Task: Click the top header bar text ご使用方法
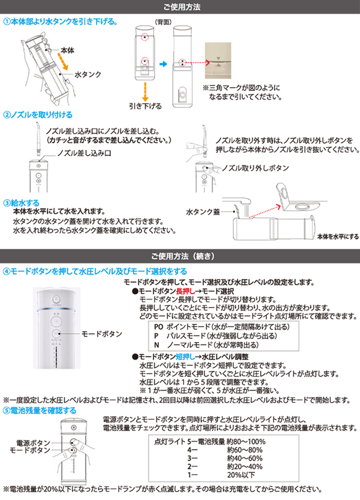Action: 182,6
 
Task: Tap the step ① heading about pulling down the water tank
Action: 60,21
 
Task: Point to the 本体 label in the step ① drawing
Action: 67,50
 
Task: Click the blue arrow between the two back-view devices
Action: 163,64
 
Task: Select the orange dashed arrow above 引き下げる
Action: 145,92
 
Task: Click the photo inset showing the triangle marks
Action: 218,61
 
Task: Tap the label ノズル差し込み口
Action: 84,154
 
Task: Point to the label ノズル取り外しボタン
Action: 255,168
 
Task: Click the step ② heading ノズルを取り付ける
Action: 38,115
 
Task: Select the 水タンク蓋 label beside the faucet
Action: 203,212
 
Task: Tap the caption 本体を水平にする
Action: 338,237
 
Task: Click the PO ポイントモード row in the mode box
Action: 222,327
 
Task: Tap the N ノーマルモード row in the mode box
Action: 206,345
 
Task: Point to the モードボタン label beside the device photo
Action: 102,334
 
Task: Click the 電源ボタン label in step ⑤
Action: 33,443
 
